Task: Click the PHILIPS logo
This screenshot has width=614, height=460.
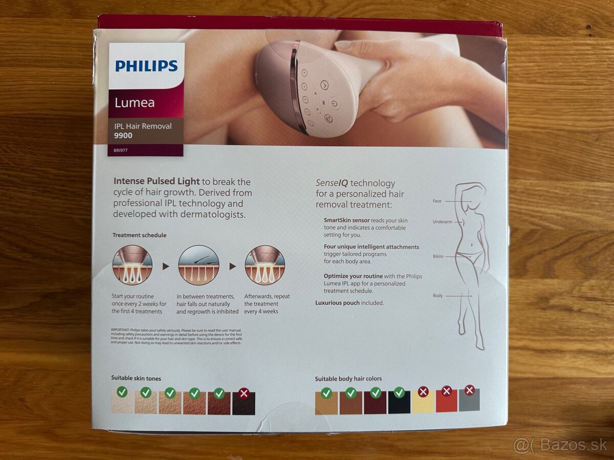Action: (146, 66)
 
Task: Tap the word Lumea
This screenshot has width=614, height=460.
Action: (135, 102)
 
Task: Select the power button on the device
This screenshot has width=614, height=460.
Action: (334, 103)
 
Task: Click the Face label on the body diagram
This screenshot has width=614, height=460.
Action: (436, 201)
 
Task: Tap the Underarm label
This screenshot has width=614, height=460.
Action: (442, 222)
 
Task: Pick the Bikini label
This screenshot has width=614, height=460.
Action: (437, 256)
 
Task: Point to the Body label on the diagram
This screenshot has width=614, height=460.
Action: (437, 295)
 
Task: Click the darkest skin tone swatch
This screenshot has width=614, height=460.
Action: (244, 403)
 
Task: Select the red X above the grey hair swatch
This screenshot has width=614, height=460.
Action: (469, 390)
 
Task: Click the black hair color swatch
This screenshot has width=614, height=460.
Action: (399, 402)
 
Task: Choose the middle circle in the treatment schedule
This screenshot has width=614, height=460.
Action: (199, 265)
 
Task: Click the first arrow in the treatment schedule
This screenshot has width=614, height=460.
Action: (165, 266)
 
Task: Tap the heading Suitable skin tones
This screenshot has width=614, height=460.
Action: (136, 378)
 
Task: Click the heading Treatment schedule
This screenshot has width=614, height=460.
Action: (139, 235)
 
